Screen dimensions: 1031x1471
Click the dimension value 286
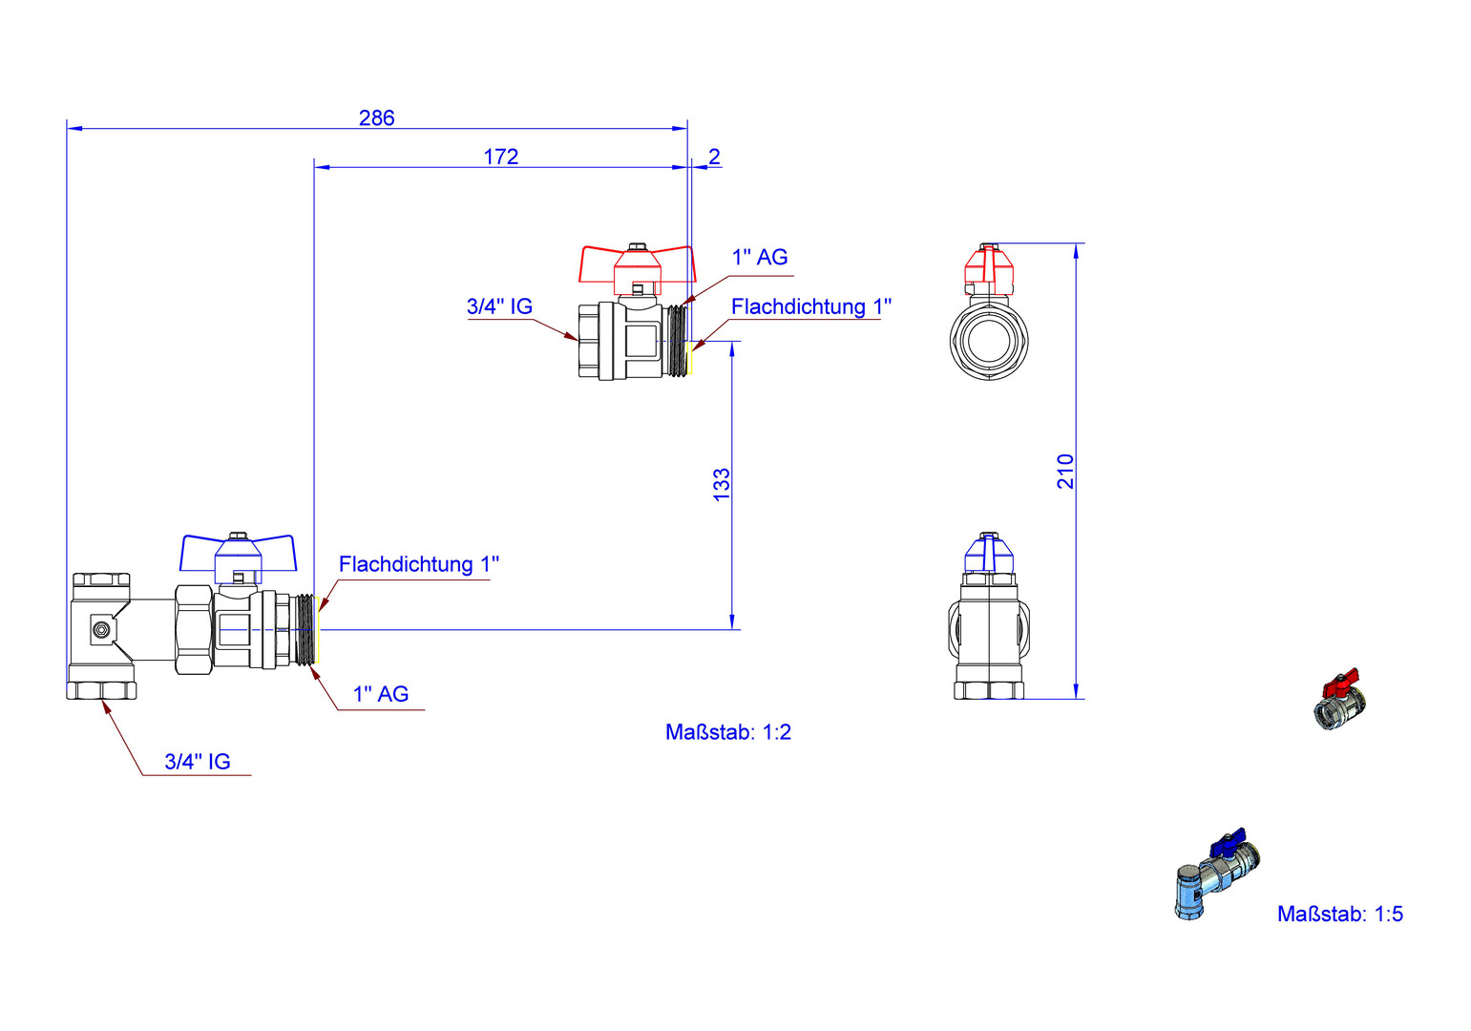coord(376,117)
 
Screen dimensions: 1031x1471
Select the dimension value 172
coord(500,157)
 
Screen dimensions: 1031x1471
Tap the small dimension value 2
coord(714,157)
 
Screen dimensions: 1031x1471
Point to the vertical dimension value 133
coord(722,484)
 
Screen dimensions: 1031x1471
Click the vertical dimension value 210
coord(1065,472)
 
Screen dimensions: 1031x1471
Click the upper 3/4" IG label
coord(499,306)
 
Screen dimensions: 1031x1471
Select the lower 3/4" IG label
coord(198,762)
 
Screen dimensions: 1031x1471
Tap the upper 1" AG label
coord(760,257)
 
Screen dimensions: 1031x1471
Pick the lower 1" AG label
coord(381,694)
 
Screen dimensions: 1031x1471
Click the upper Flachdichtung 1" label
coord(811,306)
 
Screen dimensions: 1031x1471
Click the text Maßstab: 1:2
coord(728,732)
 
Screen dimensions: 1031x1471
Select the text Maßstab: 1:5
coord(1340,915)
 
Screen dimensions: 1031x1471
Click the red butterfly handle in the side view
coord(636,263)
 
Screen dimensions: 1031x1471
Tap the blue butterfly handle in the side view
coord(238,551)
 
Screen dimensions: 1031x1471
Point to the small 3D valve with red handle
coord(1341,702)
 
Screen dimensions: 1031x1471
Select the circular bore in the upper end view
coord(989,339)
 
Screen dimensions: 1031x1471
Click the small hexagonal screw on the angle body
coord(101,629)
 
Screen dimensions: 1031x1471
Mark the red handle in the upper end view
coord(989,268)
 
